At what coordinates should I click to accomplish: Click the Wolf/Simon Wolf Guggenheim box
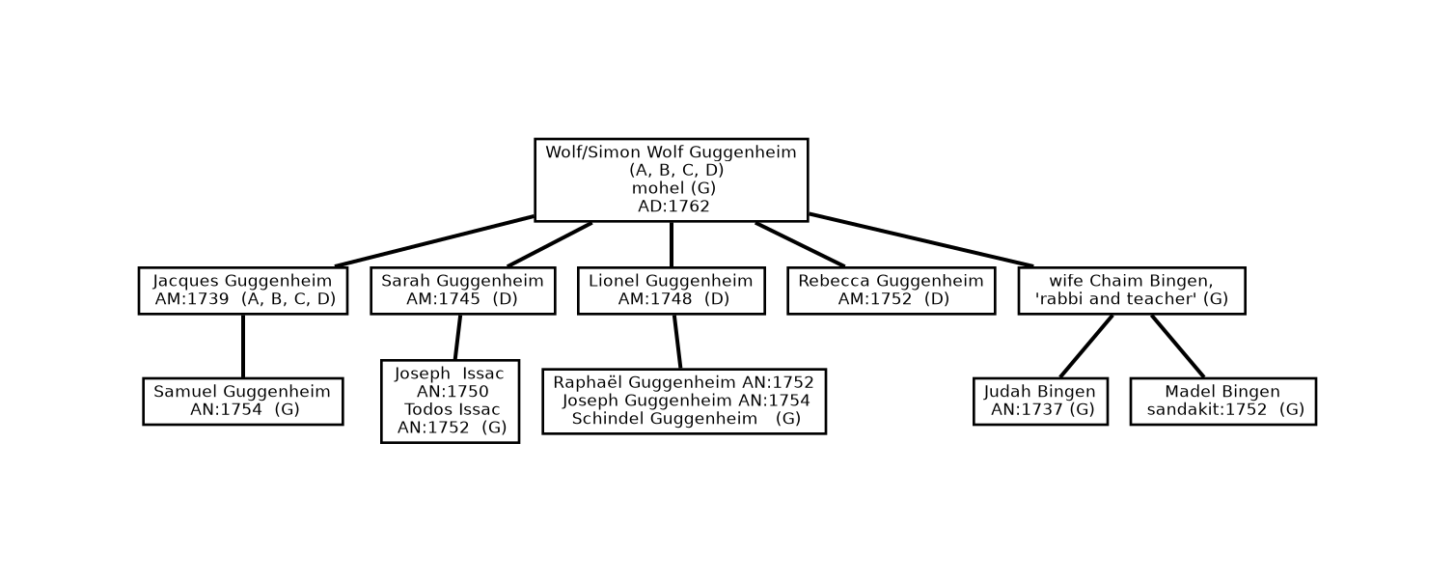click(671, 180)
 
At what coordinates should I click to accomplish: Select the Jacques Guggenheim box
click(242, 291)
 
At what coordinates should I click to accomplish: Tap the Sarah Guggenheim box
click(462, 291)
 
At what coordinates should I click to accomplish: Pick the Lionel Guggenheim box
click(671, 291)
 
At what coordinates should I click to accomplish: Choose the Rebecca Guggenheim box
click(891, 291)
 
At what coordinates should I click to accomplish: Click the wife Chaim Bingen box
click(1131, 291)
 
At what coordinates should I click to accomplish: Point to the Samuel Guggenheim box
click(242, 401)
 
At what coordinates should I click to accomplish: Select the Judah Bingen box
click(1039, 401)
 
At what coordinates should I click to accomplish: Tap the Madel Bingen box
click(1222, 401)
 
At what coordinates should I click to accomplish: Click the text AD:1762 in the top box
click(673, 207)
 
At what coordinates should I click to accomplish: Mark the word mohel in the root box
click(657, 188)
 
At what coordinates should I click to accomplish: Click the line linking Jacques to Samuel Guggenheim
click(242, 346)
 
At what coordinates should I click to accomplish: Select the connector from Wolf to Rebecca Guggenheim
click(800, 244)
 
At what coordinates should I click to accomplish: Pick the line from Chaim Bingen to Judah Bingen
click(1085, 346)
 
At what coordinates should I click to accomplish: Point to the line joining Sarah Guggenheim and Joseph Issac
click(457, 337)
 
